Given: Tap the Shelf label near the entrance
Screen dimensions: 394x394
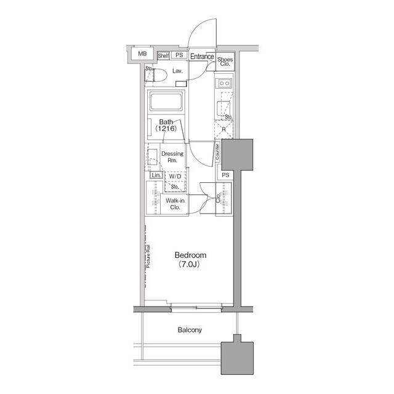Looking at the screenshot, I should click(163, 55).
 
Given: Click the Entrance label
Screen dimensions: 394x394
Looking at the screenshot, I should click(201, 57).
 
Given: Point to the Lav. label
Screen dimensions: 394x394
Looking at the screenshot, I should click(177, 72).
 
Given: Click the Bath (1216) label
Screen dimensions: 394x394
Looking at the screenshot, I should click(166, 126).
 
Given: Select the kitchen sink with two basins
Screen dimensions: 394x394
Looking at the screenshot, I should click(222, 84).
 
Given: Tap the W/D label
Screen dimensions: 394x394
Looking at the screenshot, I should click(175, 176).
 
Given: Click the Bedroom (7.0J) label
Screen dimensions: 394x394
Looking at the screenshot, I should click(190, 259).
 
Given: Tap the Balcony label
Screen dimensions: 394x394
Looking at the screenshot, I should click(190, 330).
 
